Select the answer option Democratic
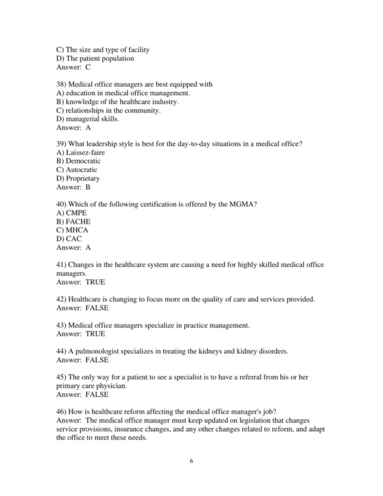coord(84,161)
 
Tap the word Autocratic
coord(82,170)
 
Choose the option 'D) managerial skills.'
coord(87,118)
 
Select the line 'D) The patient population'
coord(95,58)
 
